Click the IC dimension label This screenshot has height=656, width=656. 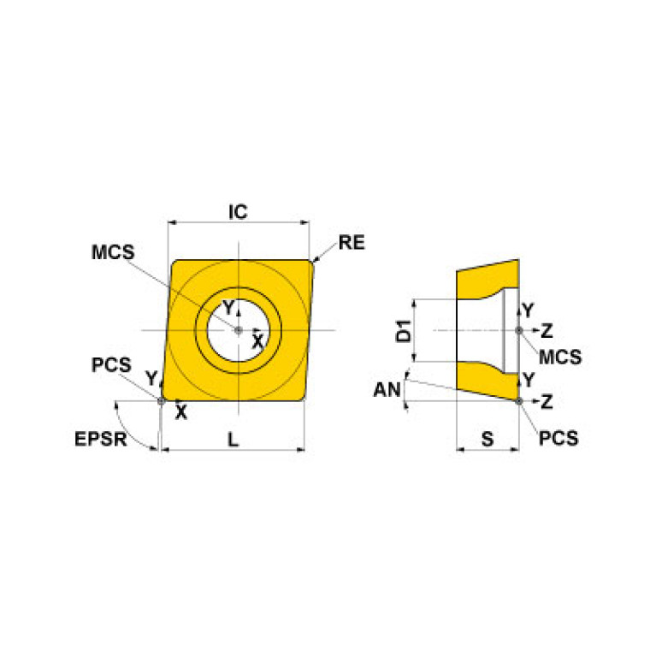click(x=238, y=211)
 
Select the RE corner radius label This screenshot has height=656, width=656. click(x=351, y=243)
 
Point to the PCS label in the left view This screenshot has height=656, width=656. click(x=111, y=364)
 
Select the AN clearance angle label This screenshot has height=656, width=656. click(x=387, y=390)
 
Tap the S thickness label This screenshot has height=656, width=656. click(x=488, y=439)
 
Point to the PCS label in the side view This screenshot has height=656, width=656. click(x=558, y=438)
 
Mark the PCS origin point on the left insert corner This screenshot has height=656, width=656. click(x=161, y=399)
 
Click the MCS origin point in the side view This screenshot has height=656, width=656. click(x=518, y=330)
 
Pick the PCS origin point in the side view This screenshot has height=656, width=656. click(x=518, y=399)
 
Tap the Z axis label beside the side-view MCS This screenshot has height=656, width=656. click(x=547, y=330)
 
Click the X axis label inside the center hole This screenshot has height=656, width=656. click(x=257, y=340)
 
